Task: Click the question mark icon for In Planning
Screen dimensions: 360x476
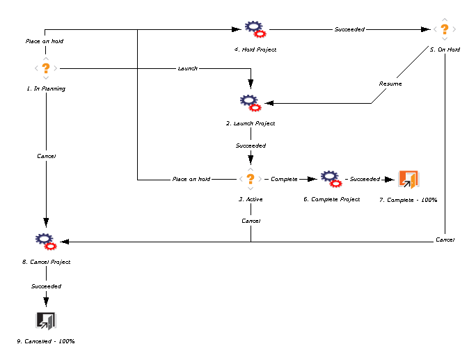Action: (x=46, y=68)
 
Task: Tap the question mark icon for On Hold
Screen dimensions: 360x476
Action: (x=445, y=29)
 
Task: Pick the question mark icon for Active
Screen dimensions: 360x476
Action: (x=251, y=179)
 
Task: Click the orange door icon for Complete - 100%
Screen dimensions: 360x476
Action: (x=408, y=179)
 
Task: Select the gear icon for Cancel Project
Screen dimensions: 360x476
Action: (x=46, y=242)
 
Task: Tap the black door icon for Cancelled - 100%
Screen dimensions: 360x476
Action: (x=46, y=320)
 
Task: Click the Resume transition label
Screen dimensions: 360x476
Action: (x=390, y=84)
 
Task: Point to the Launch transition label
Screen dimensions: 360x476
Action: (x=188, y=68)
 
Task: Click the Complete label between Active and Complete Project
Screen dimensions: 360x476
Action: (x=284, y=179)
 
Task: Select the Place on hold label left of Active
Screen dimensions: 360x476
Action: (x=191, y=179)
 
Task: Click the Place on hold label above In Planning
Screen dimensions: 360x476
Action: (x=45, y=41)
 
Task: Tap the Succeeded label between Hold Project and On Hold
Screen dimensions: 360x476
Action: (x=349, y=29)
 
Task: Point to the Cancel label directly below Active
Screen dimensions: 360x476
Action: (x=251, y=220)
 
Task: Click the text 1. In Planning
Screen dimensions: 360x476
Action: (x=46, y=88)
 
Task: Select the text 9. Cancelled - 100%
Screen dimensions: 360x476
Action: (x=46, y=341)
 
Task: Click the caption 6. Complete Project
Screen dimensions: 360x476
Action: (x=331, y=199)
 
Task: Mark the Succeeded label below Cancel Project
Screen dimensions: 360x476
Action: (x=46, y=286)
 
